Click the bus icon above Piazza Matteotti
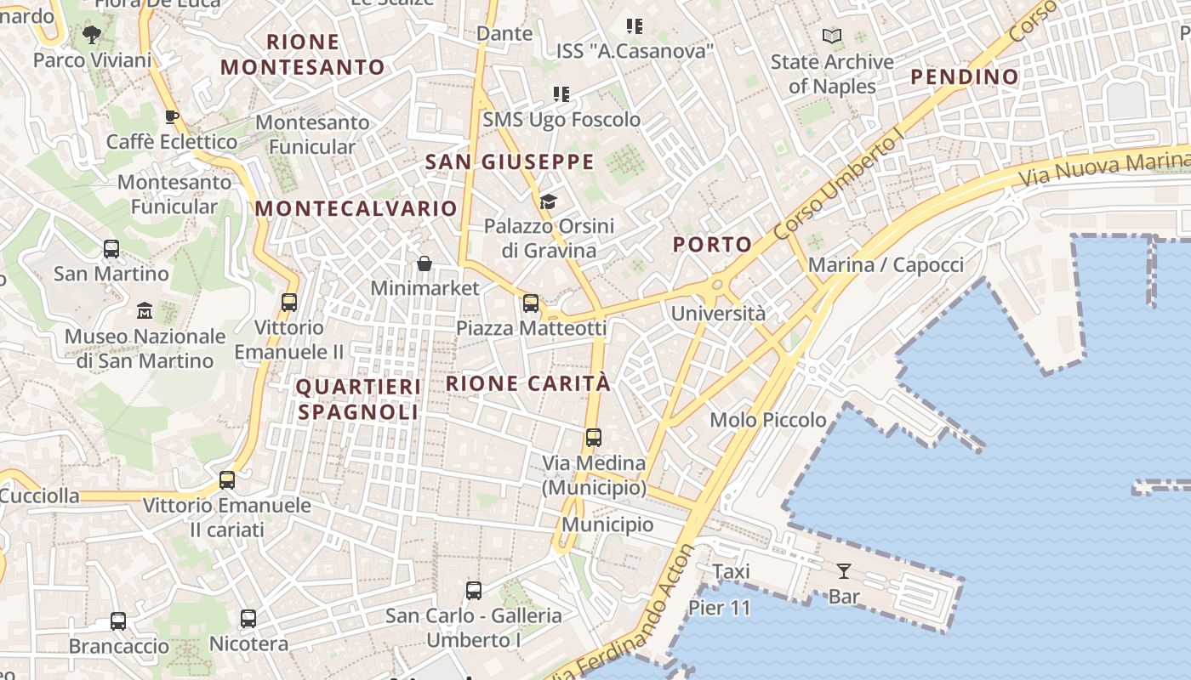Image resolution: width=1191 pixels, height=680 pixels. pos(531,303)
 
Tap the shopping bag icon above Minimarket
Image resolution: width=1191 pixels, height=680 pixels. pos(425,263)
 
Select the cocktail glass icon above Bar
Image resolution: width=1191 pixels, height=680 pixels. pos(844,570)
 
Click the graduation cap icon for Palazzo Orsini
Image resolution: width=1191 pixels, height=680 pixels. pos(548,201)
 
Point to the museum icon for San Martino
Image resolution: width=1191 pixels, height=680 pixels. pos(145,310)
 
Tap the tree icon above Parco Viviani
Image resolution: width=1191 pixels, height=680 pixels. pos(92,35)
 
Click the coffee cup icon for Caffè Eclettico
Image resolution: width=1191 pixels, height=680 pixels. pos(171,116)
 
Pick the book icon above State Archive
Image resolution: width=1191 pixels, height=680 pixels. pos(831,37)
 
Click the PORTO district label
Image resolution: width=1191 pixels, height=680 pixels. pos(713,245)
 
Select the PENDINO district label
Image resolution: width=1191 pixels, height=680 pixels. pos(965,76)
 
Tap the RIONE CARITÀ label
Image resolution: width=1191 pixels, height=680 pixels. pos(528,383)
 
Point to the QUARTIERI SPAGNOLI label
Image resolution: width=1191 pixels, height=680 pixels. pos(358,399)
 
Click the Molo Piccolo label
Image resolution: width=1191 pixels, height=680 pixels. pos(767,420)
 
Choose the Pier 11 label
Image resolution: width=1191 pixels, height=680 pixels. pos(720,608)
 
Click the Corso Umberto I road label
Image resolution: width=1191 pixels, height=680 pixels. pos(835,184)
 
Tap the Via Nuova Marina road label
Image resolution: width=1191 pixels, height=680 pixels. pos(1104,167)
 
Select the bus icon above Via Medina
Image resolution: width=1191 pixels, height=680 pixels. pos(594,438)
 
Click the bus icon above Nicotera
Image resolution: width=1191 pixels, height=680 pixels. pos(248,618)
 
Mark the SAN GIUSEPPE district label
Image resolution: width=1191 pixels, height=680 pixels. pos(510,161)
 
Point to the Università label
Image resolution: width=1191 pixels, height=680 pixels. pos(718,314)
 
